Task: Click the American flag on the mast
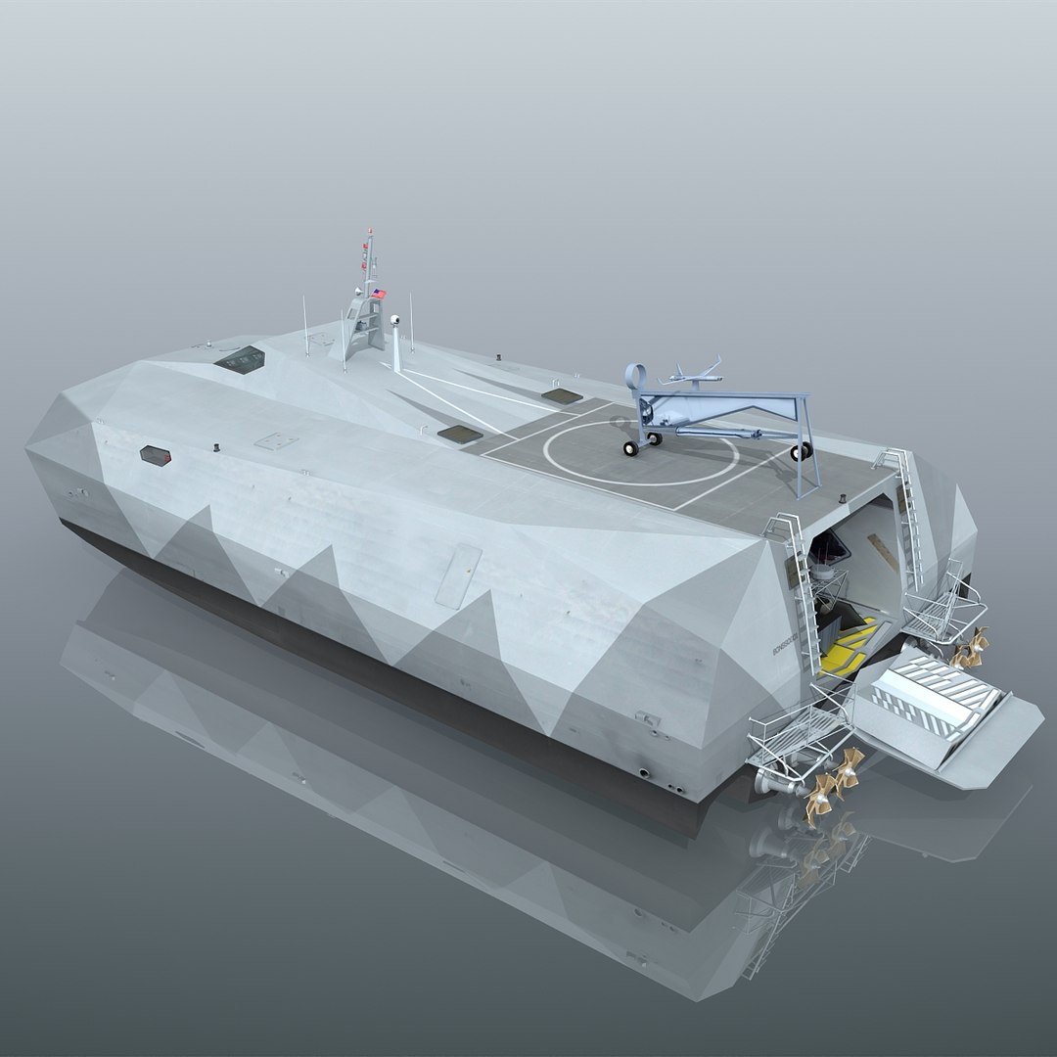[x=379, y=293]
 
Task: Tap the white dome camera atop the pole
[x=395, y=320]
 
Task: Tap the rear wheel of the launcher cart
[x=802, y=450]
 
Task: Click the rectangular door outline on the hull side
[x=457, y=575]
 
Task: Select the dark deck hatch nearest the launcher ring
[x=561, y=395]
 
